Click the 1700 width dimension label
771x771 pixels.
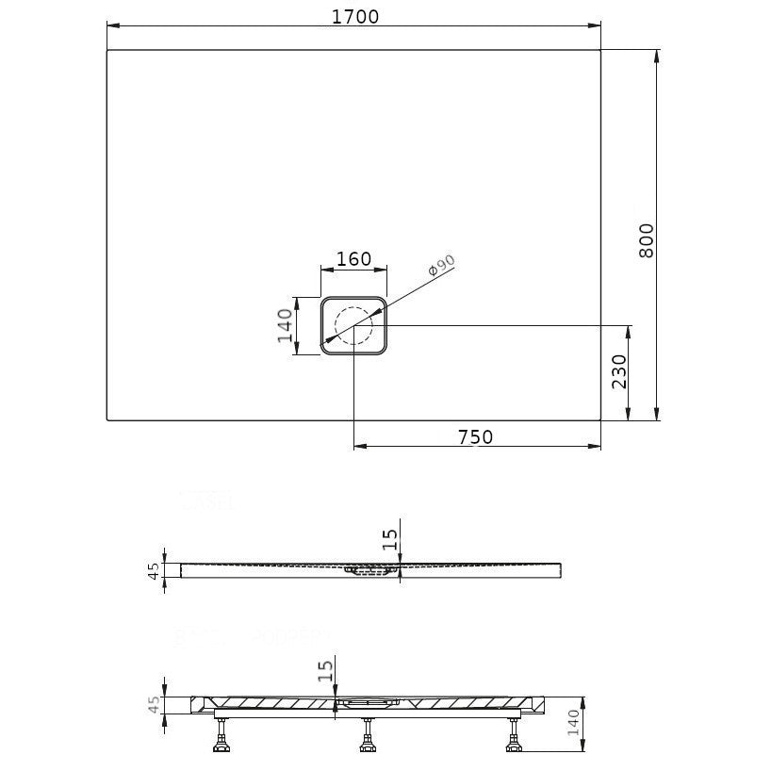point(355,17)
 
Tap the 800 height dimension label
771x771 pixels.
point(647,240)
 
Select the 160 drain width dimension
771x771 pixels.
point(353,258)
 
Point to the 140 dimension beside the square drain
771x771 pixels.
point(286,325)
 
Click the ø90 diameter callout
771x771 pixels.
point(441,266)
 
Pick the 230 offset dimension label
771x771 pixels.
point(619,371)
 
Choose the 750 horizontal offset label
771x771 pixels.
point(475,436)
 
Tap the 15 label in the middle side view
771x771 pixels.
point(389,539)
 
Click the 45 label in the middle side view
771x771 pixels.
point(155,570)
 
